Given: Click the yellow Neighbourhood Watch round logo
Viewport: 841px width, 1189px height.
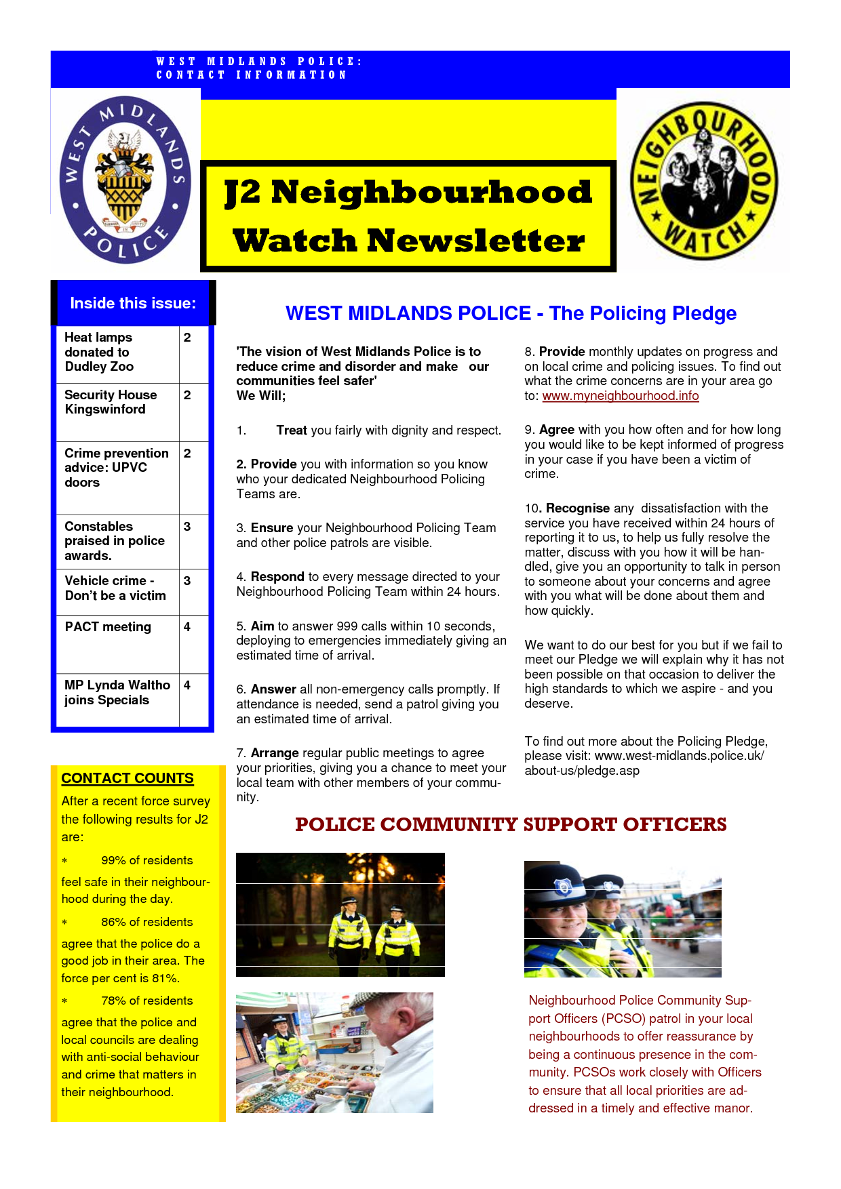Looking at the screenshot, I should (x=703, y=180).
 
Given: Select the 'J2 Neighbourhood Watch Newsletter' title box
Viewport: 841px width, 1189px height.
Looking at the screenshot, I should (x=408, y=216).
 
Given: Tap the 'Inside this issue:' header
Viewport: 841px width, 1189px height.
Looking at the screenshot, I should (x=133, y=303).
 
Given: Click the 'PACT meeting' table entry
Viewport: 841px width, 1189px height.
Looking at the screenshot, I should (x=108, y=627).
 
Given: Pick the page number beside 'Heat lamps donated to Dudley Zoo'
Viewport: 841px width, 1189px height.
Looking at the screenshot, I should (x=187, y=338).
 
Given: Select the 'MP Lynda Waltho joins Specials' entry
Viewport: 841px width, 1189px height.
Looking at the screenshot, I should (x=117, y=692).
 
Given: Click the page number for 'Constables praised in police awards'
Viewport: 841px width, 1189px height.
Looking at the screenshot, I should (x=187, y=527).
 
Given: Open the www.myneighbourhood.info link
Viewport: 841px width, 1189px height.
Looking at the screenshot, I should (x=620, y=396).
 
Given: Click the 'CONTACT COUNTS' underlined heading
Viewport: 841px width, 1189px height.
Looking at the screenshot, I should (x=128, y=778).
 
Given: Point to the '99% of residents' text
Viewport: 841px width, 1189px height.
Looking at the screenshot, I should (x=146, y=860).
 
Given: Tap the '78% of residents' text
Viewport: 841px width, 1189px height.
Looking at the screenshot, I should (x=146, y=1001).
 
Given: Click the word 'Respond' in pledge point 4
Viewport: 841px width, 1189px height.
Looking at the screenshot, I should (x=277, y=577).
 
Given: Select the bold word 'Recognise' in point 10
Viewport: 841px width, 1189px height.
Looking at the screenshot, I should (x=578, y=508).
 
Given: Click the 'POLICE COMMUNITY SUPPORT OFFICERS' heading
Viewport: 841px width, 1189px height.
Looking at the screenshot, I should (x=511, y=824).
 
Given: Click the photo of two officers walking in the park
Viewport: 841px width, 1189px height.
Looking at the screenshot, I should (x=340, y=914).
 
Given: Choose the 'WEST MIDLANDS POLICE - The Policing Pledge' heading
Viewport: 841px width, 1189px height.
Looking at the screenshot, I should (x=511, y=313).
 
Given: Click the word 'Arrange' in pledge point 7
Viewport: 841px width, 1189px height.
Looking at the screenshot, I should (x=275, y=753).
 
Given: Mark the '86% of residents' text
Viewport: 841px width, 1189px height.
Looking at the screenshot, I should (x=146, y=922).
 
